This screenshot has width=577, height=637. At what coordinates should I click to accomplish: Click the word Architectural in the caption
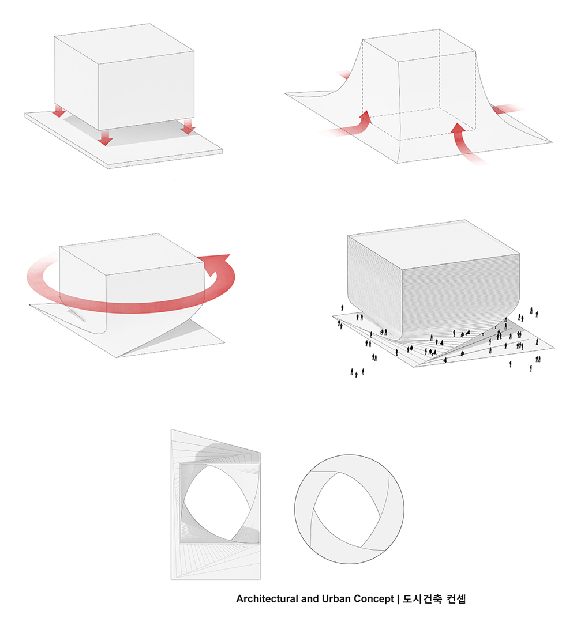click(267, 599)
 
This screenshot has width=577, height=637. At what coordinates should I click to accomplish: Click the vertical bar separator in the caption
click(398, 599)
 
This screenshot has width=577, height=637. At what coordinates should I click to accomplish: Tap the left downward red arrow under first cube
click(59, 111)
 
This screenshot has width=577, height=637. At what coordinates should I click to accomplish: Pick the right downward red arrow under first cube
click(188, 126)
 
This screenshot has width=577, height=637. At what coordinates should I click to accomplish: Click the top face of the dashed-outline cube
click(419, 45)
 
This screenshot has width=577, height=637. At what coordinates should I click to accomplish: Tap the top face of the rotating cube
click(132, 253)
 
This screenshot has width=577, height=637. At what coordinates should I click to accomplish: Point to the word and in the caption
click(310, 599)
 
